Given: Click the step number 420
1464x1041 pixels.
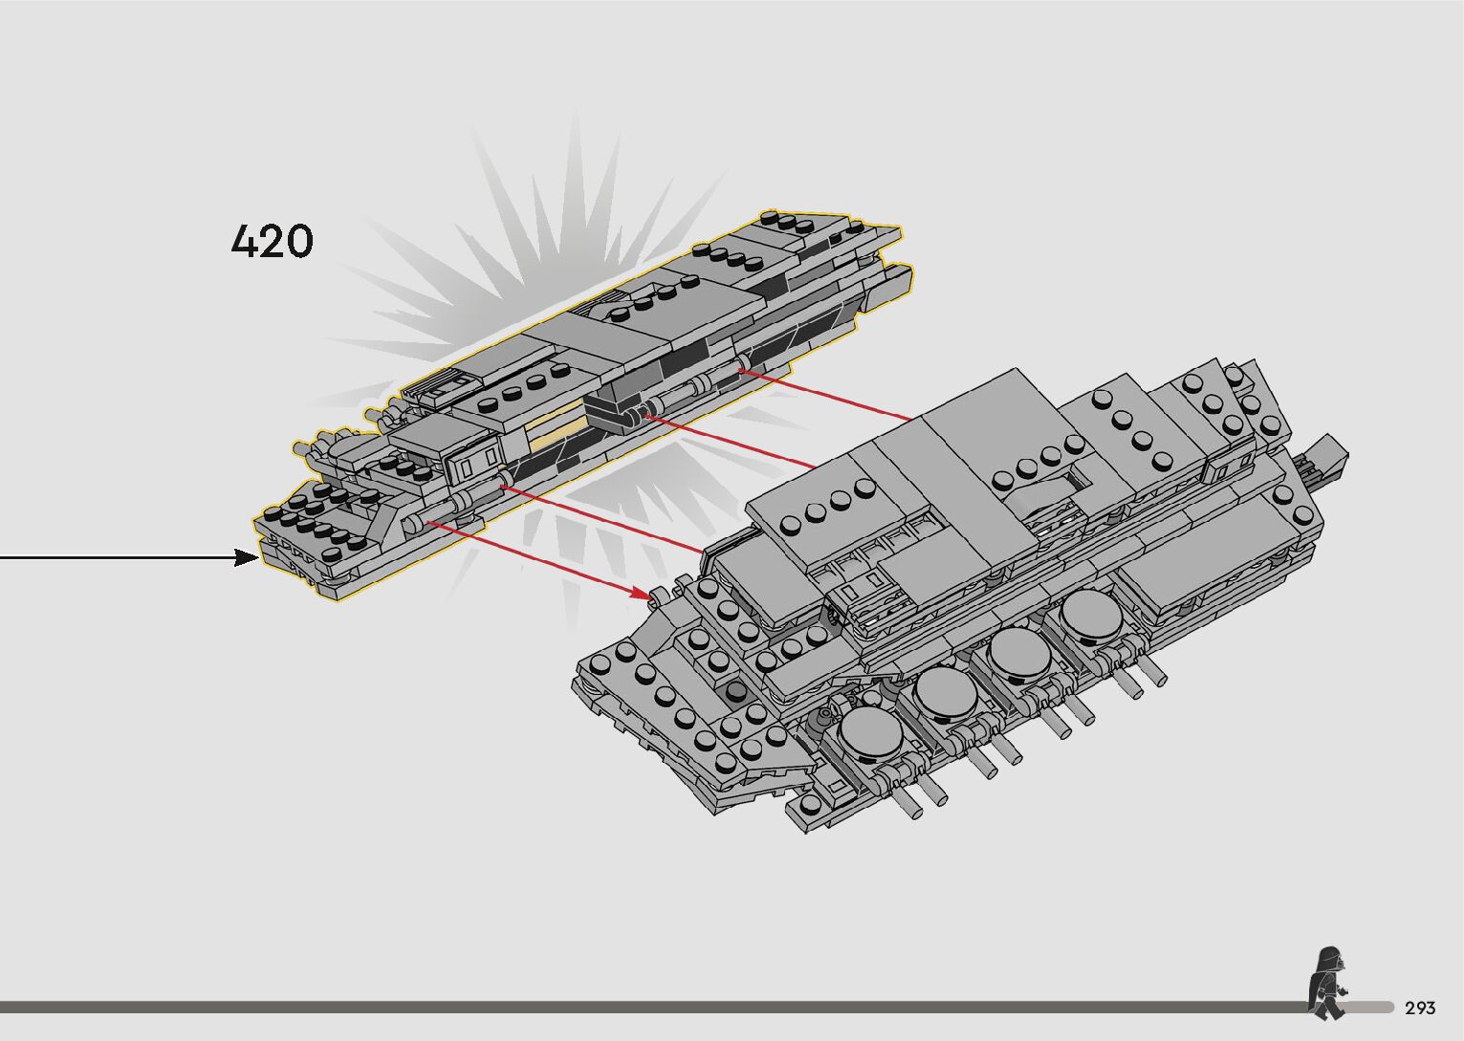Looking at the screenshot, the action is click(x=273, y=241).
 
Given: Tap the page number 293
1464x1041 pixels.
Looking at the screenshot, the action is click(x=1420, y=1008).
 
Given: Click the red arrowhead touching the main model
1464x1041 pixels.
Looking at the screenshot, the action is click(x=644, y=594).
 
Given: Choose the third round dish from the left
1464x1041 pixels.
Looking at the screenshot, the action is click(x=1019, y=653).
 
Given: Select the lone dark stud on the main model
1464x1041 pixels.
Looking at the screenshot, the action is click(x=734, y=691).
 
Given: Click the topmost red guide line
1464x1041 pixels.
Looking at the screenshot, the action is click(x=828, y=395).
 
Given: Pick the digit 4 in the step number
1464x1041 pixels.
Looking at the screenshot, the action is click(x=246, y=241).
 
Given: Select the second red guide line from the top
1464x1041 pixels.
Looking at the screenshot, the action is click(x=732, y=442).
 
